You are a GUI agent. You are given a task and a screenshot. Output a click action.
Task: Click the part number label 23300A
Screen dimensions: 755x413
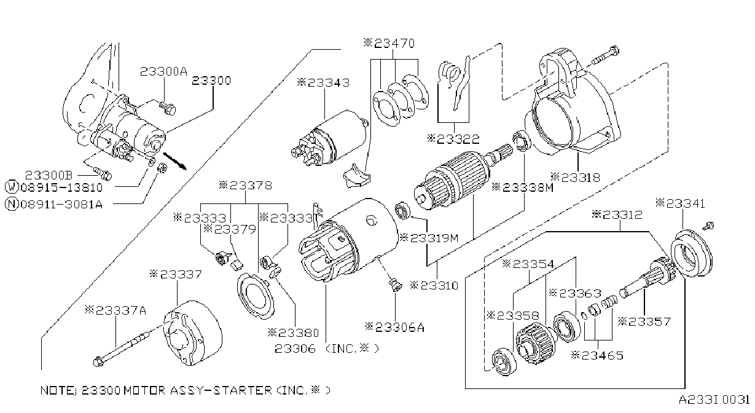pos(163,71)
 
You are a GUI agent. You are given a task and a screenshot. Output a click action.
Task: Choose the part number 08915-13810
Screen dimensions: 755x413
pos(61,187)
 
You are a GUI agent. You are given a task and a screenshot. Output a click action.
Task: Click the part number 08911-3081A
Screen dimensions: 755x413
pos(61,204)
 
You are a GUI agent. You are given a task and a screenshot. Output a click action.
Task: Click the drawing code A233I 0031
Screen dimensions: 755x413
pos(714,400)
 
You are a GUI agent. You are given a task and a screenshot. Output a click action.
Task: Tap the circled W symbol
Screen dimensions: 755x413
pos(12,187)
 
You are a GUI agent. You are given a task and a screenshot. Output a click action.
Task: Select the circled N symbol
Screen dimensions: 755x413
pos(12,204)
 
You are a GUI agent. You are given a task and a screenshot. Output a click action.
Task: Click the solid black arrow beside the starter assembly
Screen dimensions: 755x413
pos(174,161)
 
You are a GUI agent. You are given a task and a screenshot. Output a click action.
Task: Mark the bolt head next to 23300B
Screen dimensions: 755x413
pos(106,175)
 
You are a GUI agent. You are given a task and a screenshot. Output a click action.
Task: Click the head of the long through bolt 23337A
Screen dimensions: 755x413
pos(98,362)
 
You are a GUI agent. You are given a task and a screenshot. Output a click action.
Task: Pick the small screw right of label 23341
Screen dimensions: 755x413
pos(709,225)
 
